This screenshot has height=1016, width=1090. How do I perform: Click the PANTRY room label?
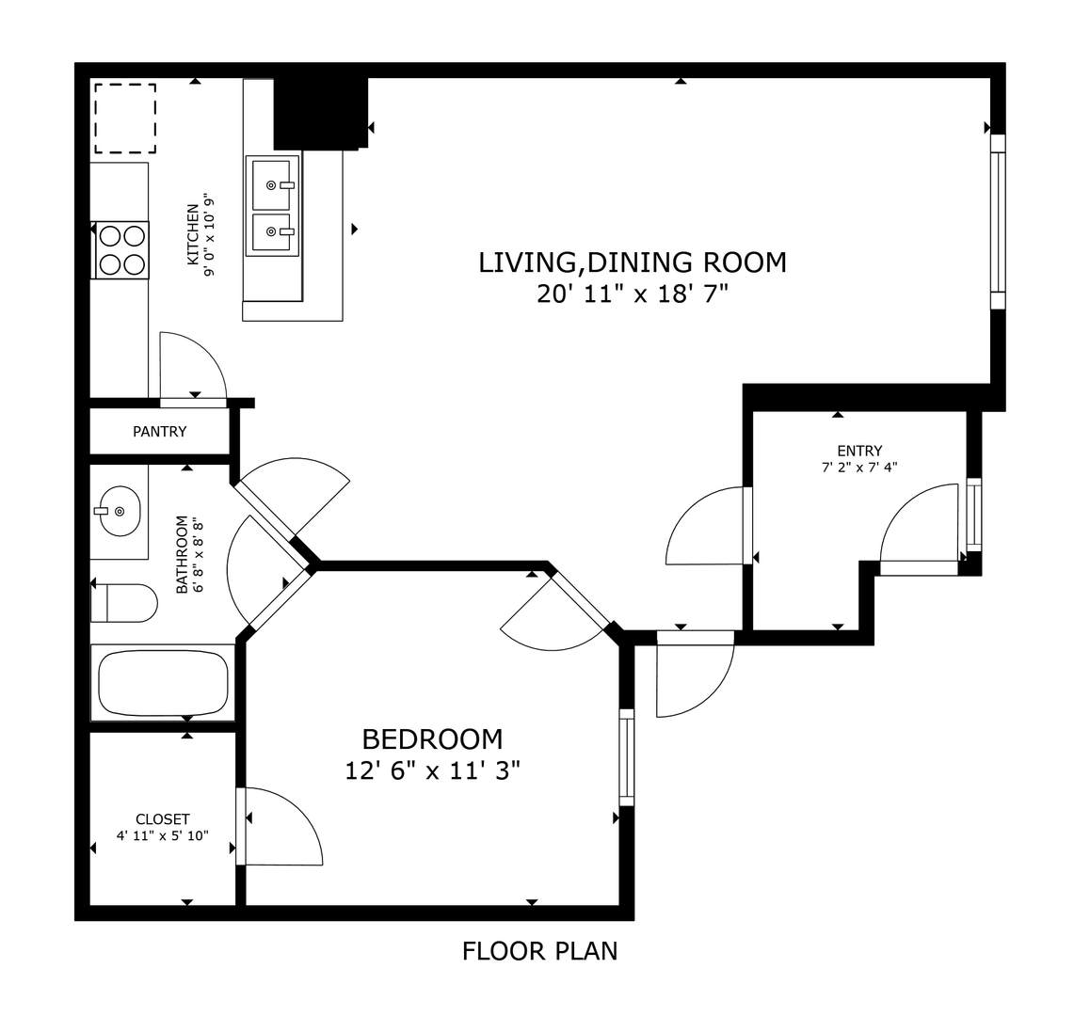160,432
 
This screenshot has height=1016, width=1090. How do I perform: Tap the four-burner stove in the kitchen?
121,249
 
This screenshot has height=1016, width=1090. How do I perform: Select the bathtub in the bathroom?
164,682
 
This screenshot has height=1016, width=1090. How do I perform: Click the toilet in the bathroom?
123,602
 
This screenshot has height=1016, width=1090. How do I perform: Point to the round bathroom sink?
119,511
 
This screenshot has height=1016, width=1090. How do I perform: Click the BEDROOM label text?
432,738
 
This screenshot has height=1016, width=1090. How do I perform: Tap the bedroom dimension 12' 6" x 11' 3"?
432,770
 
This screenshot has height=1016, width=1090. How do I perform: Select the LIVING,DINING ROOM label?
632,262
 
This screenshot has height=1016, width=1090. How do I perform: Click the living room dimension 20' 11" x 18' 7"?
632,294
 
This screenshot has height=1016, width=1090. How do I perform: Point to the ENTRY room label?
859,451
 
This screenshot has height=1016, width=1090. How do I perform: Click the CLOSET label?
163,819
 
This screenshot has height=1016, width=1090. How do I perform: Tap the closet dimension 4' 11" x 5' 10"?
163,836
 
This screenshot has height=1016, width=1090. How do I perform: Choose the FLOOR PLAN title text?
539,951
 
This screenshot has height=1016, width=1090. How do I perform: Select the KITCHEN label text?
193,234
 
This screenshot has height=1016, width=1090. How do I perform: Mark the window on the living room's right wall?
998,222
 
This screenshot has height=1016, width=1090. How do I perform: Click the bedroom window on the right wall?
626,757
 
